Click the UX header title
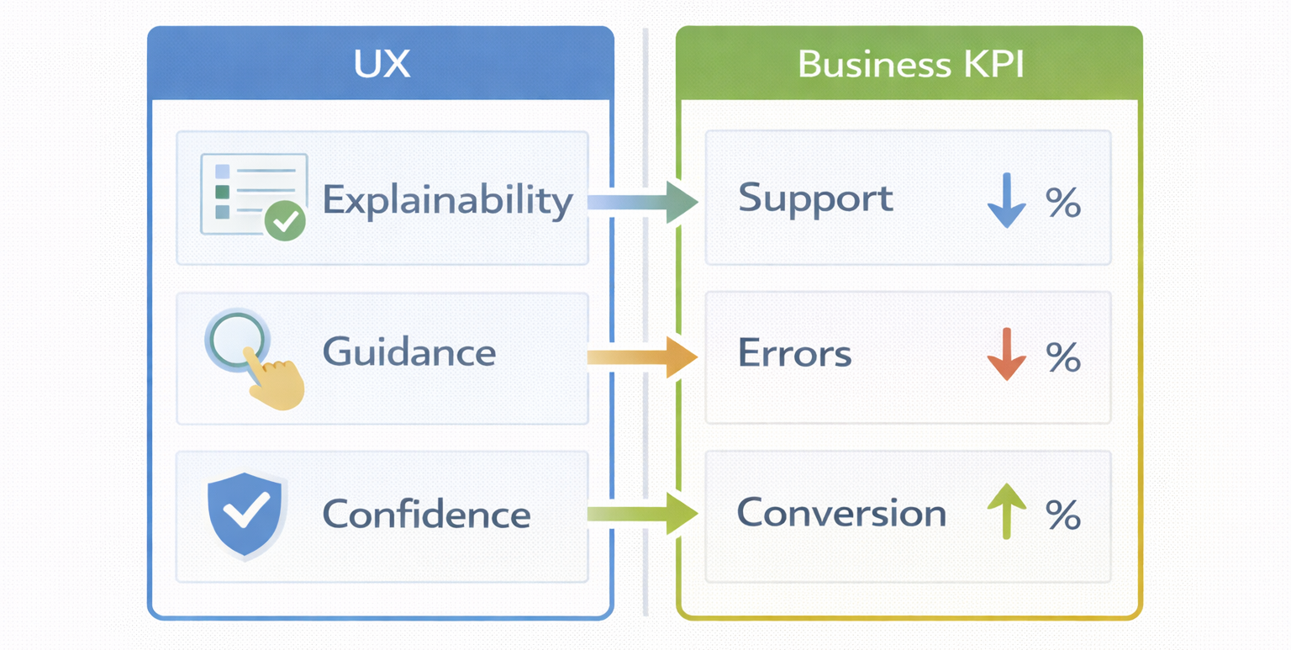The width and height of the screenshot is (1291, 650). coord(382,65)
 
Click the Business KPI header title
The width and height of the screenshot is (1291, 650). coord(910,65)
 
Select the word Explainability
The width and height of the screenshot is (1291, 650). coord(447,200)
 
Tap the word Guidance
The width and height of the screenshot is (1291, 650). coord(409,351)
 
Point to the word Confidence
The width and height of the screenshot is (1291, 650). coord(426,513)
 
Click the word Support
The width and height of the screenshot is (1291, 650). coord(815,198)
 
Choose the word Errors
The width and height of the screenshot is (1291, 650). coord(794,354)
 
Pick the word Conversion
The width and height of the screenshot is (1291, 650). coord(841,513)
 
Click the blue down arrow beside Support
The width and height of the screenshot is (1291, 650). coord(1006,201)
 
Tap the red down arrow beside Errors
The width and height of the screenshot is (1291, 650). coord(1006,354)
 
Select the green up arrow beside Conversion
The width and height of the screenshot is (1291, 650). coord(1006,510)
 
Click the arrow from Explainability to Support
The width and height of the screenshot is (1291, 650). coord(643,202)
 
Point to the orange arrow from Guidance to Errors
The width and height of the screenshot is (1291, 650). coord(643,358)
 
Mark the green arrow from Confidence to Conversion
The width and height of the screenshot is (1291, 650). coord(643,513)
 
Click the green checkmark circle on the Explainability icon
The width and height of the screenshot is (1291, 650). coord(285,221)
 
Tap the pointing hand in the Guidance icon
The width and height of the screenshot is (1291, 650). coord(278,383)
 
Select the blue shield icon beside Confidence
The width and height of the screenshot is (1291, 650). coord(246,513)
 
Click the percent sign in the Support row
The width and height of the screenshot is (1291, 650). coord(1062,203)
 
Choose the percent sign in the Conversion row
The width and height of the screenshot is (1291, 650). coord(1062,514)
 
